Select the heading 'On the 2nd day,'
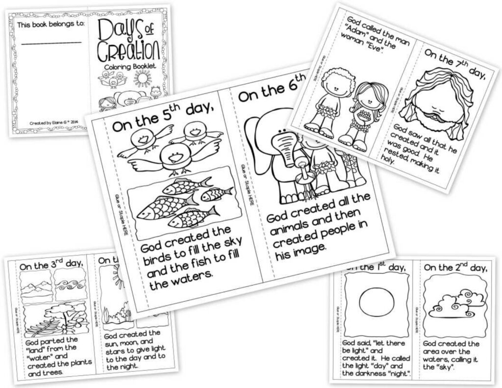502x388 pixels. point(455,268)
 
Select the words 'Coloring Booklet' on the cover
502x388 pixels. point(128,67)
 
